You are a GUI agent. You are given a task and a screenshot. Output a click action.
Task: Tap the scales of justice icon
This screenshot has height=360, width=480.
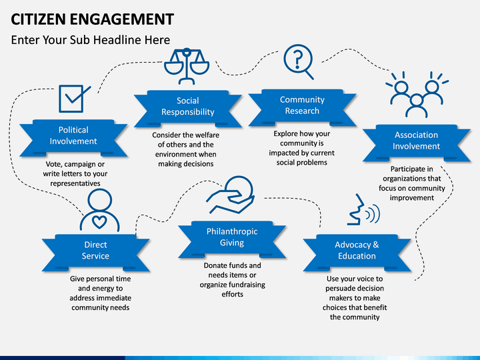pyautogui.click(x=187, y=66)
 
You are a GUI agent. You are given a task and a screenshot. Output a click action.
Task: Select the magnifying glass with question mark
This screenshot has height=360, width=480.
pyautogui.click(x=299, y=62)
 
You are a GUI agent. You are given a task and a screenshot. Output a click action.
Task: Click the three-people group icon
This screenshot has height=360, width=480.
pyautogui.click(x=417, y=95)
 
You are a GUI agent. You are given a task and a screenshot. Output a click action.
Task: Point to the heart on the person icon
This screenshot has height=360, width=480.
pyautogui.click(x=99, y=221)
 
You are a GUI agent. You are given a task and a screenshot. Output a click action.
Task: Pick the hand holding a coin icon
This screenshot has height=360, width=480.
pyautogui.click(x=231, y=195)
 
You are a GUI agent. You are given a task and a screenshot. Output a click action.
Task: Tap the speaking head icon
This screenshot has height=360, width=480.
pyautogui.click(x=363, y=210)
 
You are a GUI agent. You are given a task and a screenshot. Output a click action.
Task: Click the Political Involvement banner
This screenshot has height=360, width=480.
pyautogui.click(x=73, y=137)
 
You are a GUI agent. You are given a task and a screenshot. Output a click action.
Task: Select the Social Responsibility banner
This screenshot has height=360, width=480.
pyautogui.click(x=188, y=109)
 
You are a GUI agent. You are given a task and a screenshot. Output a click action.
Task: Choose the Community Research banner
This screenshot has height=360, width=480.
pyautogui.click(x=302, y=107)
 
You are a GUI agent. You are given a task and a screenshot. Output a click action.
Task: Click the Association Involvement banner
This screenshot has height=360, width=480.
pyautogui.click(x=416, y=143)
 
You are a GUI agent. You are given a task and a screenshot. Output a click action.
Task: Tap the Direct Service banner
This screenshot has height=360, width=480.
pyautogui.click(x=95, y=253)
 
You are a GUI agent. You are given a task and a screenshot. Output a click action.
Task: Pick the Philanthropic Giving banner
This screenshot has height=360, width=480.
pyautogui.click(x=232, y=239)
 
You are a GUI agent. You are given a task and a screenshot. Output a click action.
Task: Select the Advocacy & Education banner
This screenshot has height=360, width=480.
pyautogui.click(x=357, y=253)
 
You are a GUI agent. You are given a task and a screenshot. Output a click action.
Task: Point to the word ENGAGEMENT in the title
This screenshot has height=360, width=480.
pyautogui.click(x=122, y=19)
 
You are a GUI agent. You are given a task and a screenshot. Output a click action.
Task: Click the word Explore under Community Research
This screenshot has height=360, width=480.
pyautogui.click(x=285, y=134)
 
